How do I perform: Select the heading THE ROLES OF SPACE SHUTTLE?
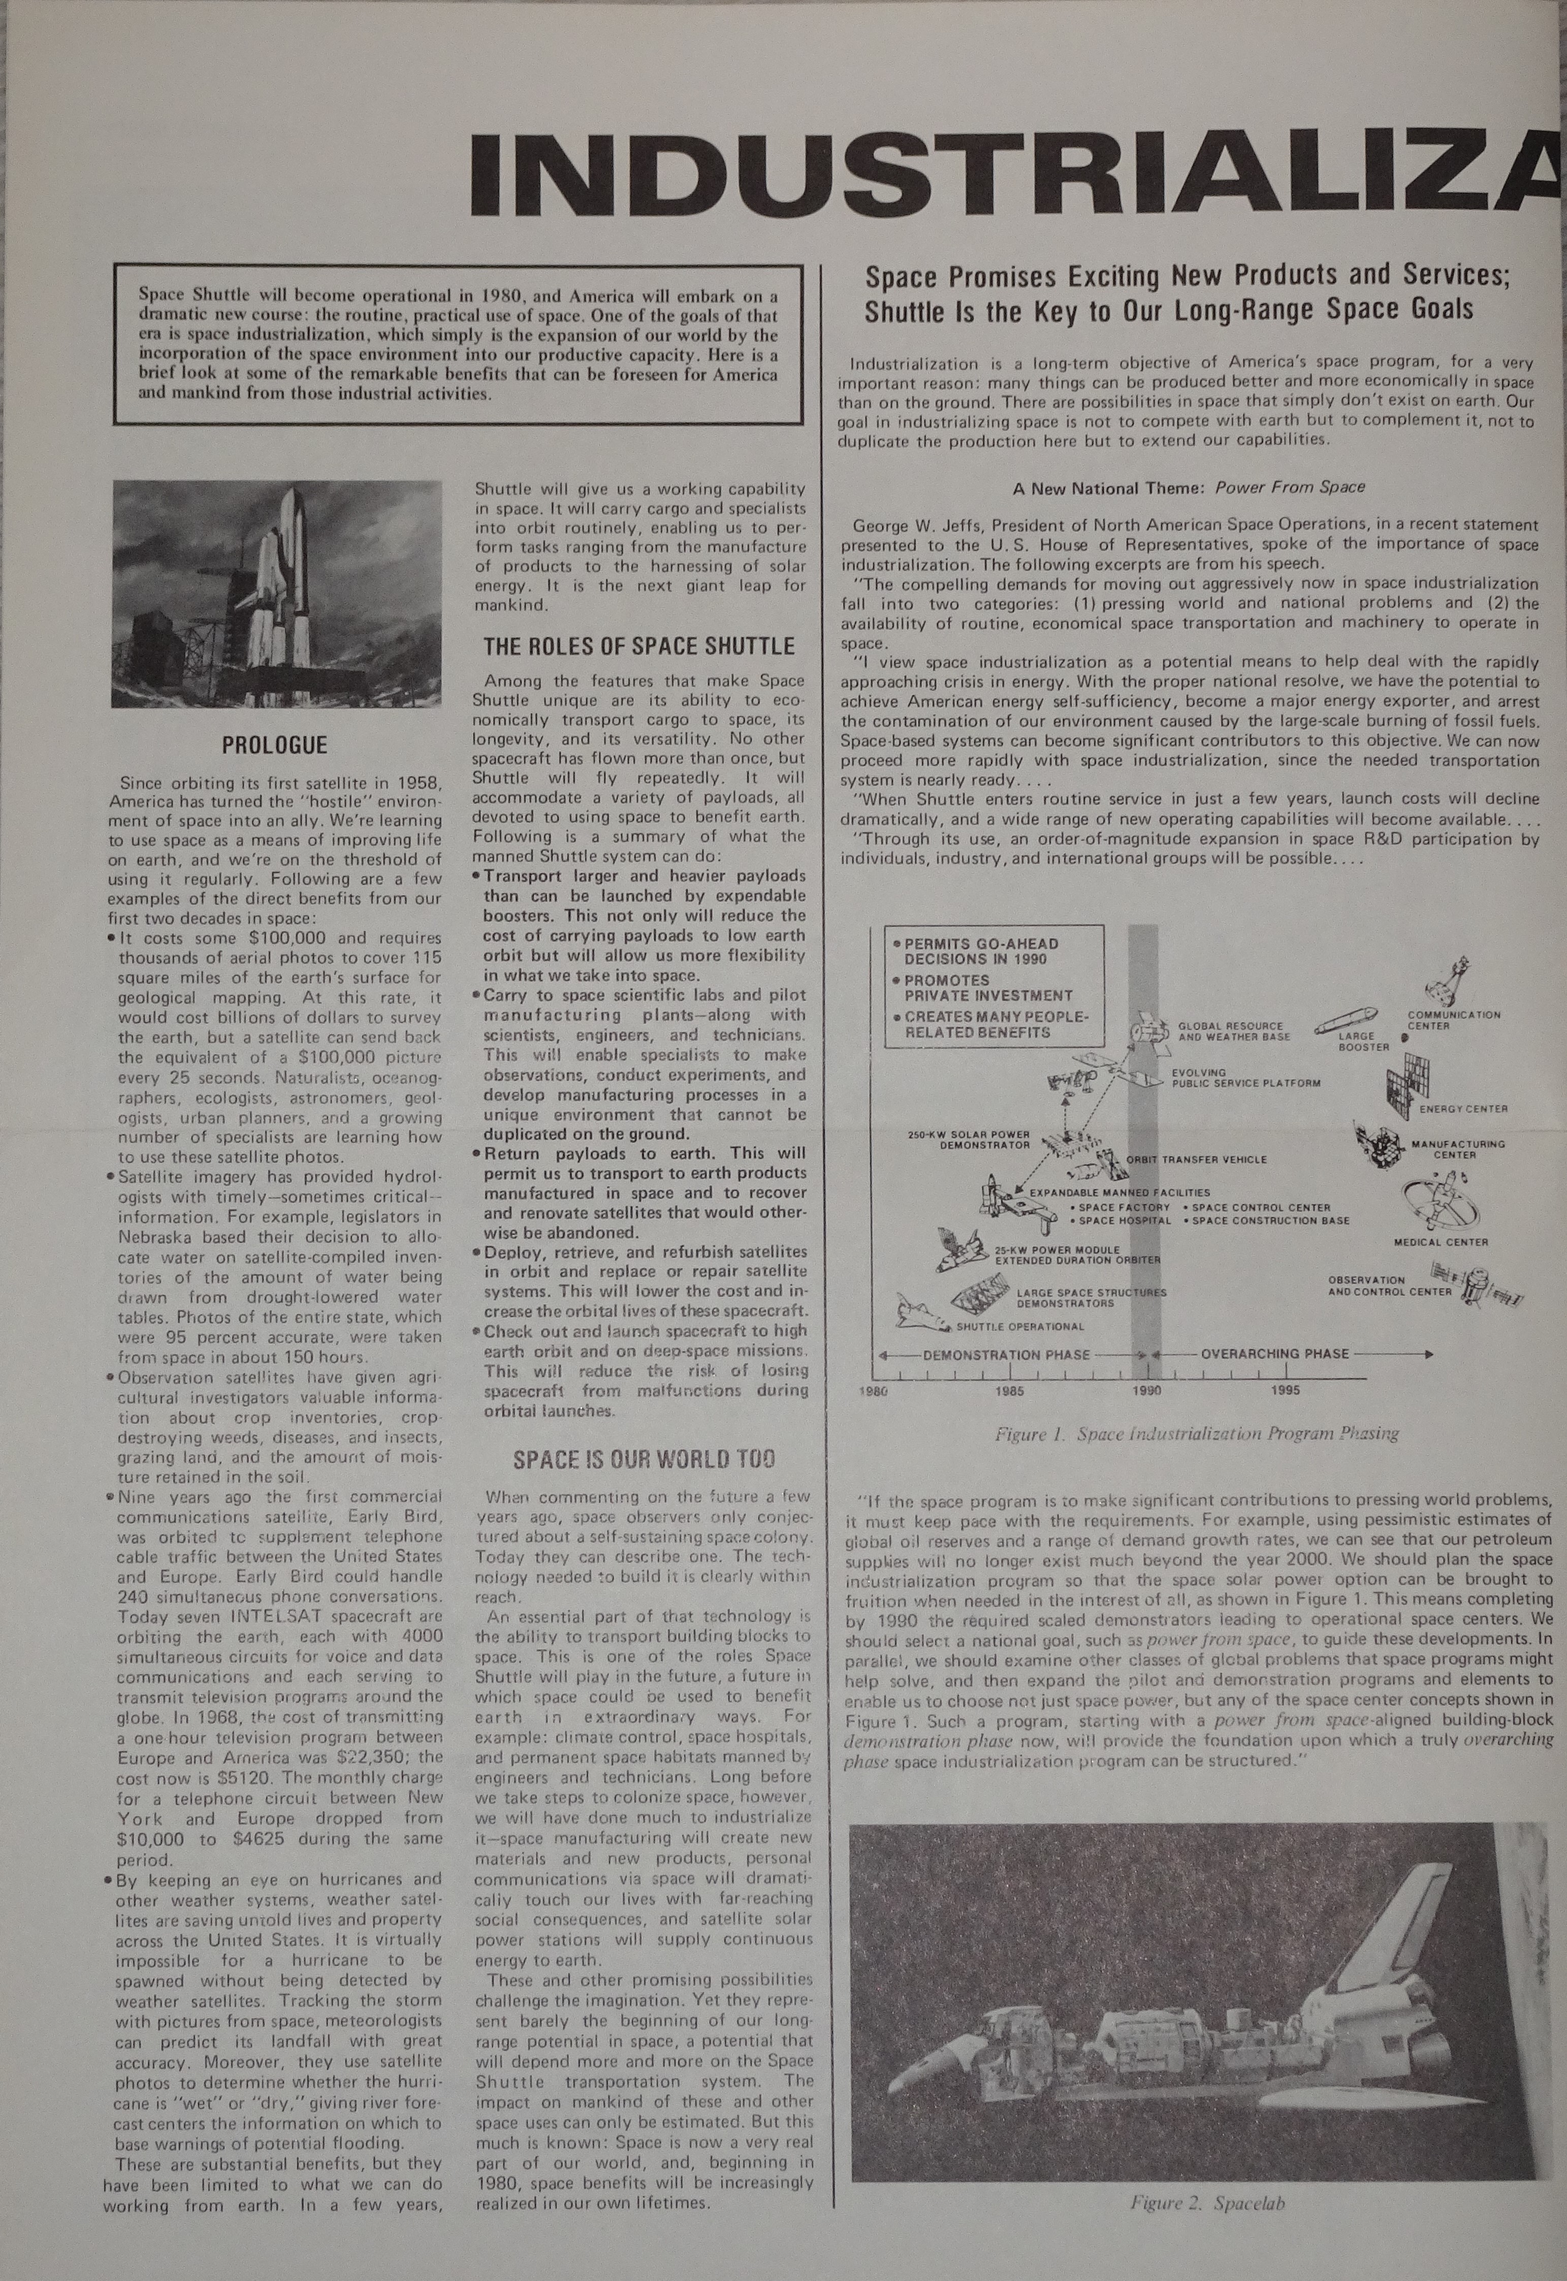pyautogui.click(x=639, y=646)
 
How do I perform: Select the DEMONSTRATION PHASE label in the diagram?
pyautogui.click(x=1006, y=1354)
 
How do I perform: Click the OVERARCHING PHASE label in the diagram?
pyautogui.click(x=1274, y=1353)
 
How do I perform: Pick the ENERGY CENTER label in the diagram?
pyautogui.click(x=1463, y=1109)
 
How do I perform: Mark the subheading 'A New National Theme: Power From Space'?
pyautogui.click(x=1189, y=487)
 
